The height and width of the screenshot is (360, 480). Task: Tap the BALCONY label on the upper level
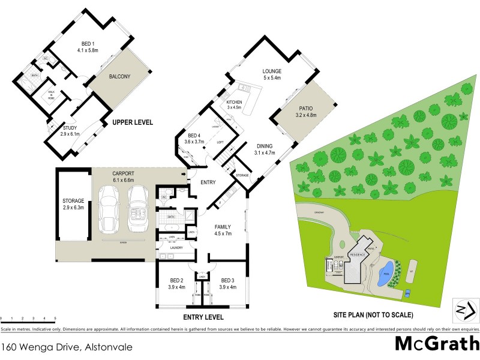(x=121, y=77)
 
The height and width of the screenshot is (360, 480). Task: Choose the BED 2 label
(x=176, y=283)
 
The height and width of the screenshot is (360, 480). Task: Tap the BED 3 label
(x=227, y=283)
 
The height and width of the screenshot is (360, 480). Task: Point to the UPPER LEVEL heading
(x=133, y=122)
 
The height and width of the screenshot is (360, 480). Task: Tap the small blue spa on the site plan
(x=408, y=293)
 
